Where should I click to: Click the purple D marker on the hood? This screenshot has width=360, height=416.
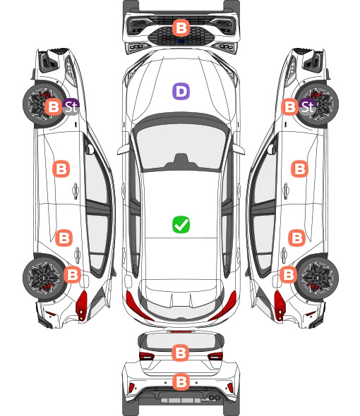point(181,91)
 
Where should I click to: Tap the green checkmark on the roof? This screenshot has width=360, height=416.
point(181,225)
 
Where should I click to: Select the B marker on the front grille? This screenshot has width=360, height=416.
point(181,27)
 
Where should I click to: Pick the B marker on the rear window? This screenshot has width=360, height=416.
point(181,353)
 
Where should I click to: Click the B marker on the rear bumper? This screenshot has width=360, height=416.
point(181,382)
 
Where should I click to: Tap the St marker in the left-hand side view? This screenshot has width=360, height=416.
point(71,106)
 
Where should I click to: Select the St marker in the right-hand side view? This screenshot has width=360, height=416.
point(307,106)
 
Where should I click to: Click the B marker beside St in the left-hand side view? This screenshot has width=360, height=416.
point(54,107)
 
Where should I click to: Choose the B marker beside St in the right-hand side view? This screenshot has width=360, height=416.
point(290,107)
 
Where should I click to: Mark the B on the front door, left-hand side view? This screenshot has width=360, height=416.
point(61,169)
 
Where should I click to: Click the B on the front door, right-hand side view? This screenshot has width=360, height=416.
point(300,169)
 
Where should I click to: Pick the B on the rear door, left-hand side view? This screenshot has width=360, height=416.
point(64,238)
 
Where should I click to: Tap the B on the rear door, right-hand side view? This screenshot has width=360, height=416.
point(297,238)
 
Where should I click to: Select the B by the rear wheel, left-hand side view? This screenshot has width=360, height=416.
point(72,274)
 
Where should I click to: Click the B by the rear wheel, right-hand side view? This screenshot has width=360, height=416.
point(288,274)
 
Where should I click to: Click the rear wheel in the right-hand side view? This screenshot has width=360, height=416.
point(317,278)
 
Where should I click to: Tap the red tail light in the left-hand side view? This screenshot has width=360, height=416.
point(82,305)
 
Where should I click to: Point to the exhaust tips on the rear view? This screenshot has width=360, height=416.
point(212,397)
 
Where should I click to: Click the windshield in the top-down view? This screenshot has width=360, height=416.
point(181,146)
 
